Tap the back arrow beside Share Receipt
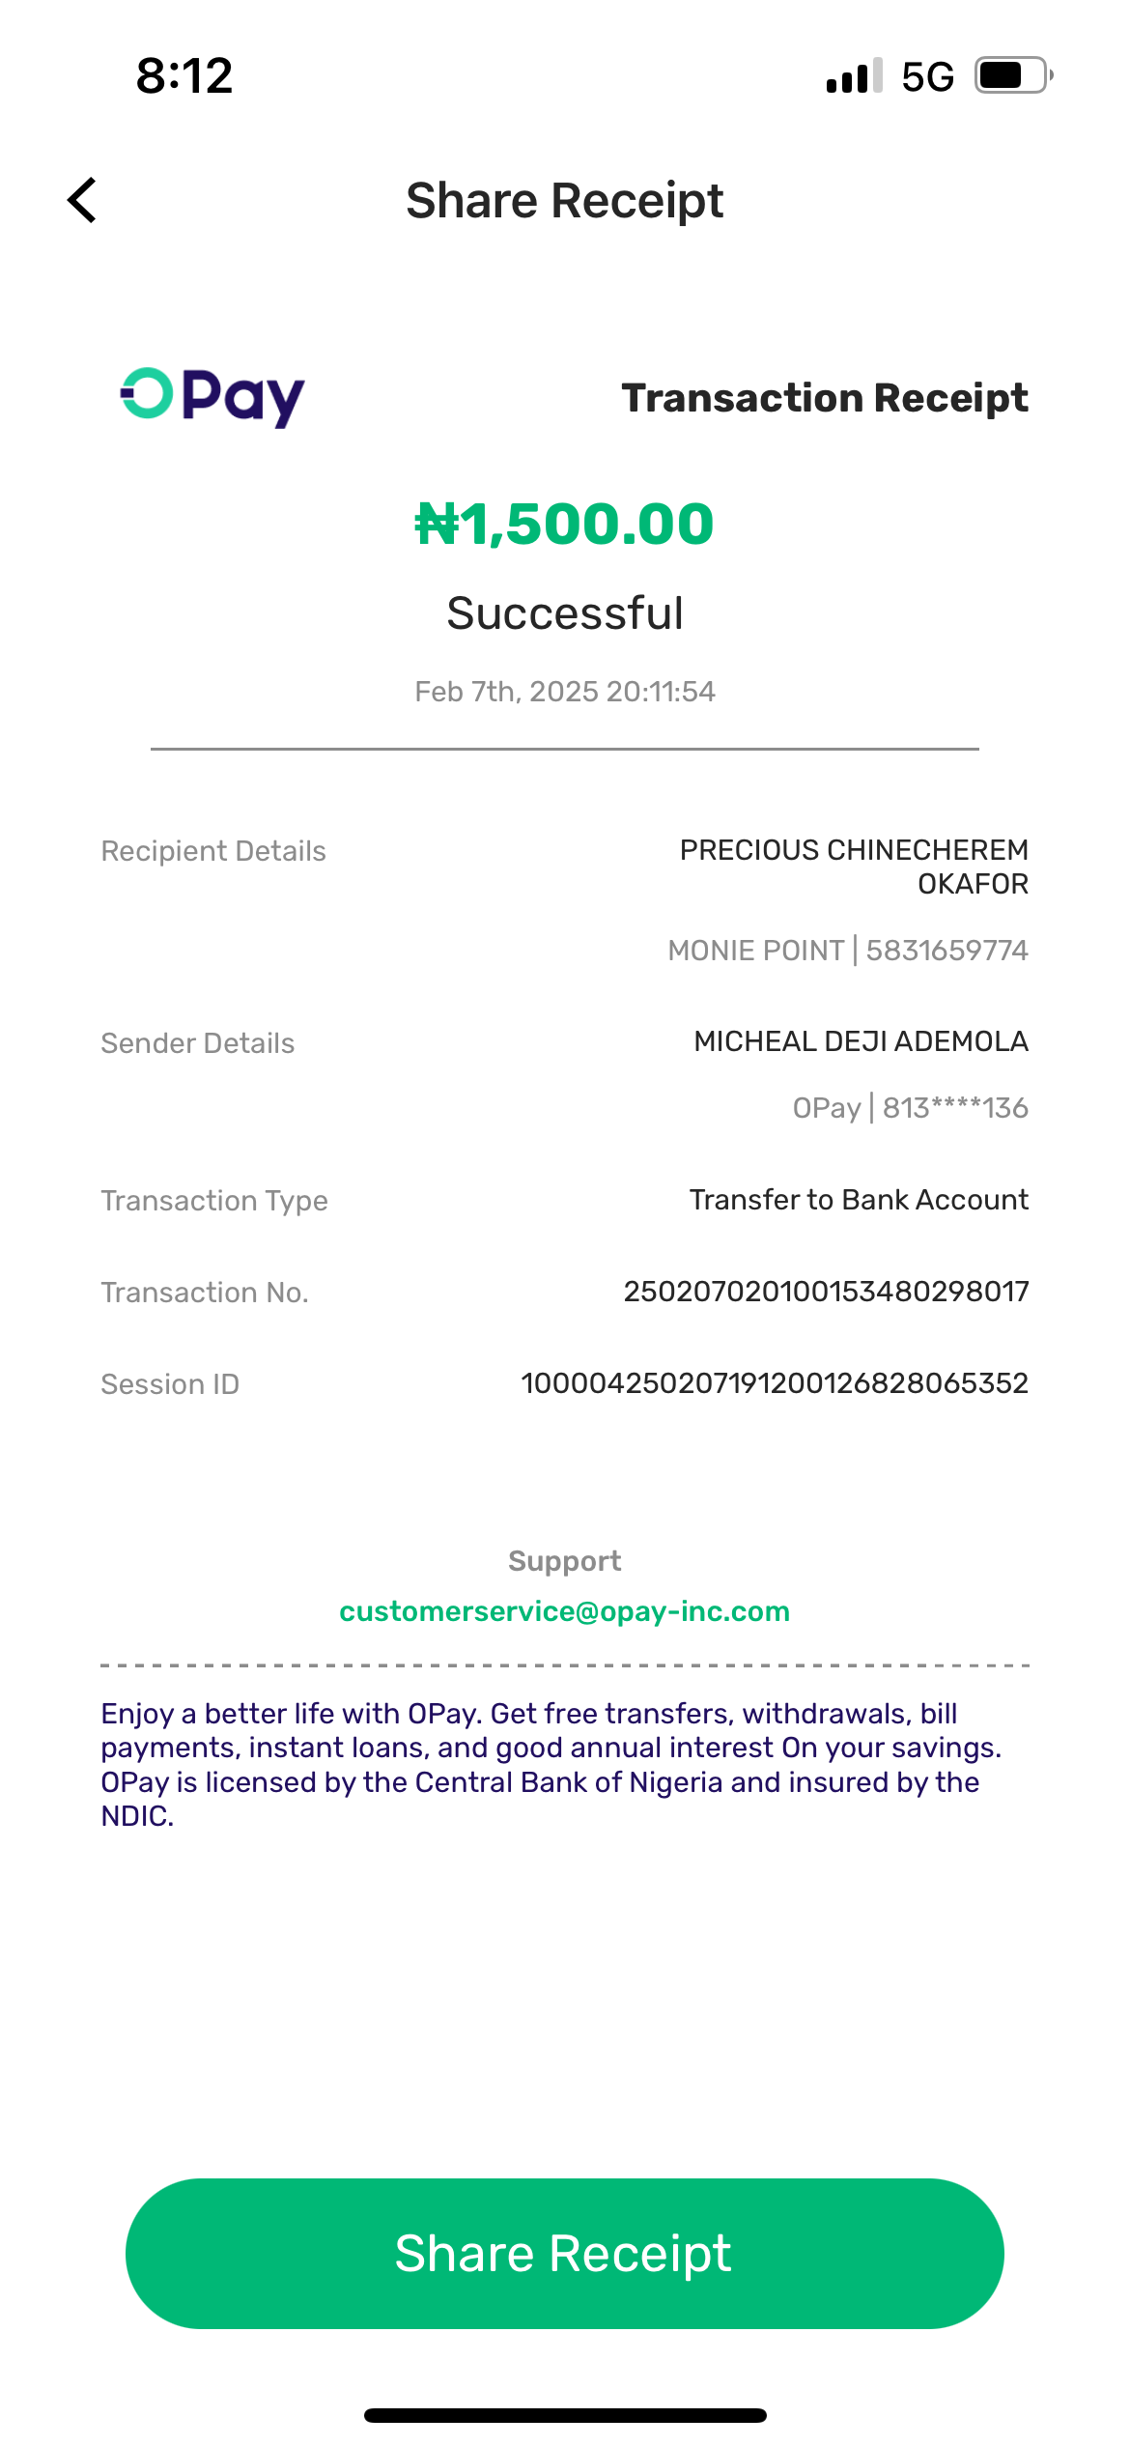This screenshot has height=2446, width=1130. click(83, 200)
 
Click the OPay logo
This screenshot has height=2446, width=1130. click(212, 396)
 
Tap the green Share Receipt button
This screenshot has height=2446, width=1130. click(564, 2253)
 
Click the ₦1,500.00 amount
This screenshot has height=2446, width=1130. click(564, 524)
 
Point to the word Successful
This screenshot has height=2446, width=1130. click(565, 613)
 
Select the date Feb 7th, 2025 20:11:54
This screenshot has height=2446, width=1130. click(565, 692)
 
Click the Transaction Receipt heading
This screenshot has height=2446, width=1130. click(825, 398)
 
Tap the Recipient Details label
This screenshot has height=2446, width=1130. click(213, 851)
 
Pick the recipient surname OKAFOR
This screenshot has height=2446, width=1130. click(973, 884)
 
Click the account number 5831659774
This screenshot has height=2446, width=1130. click(946, 951)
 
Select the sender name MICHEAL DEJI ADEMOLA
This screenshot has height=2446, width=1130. click(861, 1041)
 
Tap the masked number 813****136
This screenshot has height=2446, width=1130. click(955, 1108)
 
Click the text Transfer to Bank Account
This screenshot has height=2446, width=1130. click(859, 1200)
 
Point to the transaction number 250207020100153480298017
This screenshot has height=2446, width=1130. click(826, 1292)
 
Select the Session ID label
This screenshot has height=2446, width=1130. click(170, 1384)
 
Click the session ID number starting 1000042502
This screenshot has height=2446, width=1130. click(775, 1383)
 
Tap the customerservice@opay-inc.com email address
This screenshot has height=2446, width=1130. click(565, 1611)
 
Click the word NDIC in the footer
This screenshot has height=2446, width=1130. click(136, 1817)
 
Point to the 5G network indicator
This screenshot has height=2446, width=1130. click(927, 76)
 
